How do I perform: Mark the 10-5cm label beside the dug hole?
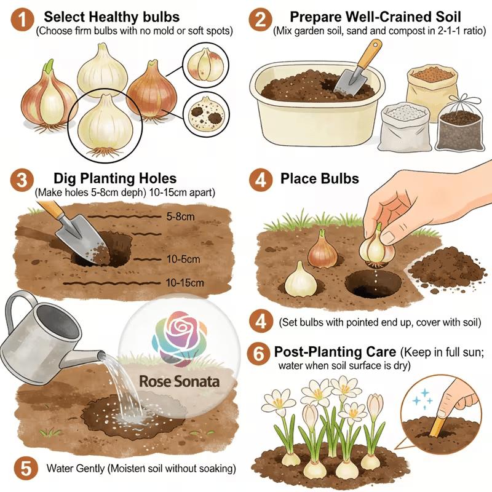183,259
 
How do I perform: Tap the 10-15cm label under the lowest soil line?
184,283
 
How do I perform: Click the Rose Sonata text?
179,381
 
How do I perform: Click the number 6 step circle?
260,354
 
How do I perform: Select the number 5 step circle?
23,467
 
